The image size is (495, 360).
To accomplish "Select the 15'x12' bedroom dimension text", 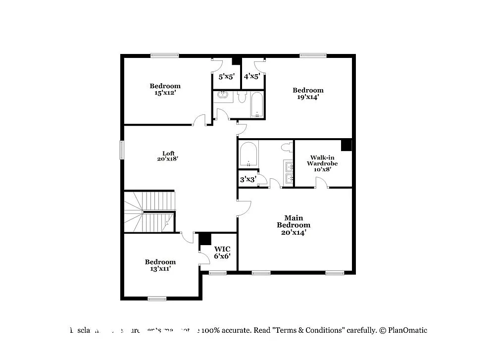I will (x=165, y=93).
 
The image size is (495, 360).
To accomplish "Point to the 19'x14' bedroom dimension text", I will (x=308, y=97).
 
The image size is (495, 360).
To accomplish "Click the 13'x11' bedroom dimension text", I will (x=160, y=269).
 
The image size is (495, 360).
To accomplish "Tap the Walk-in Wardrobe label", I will (x=322, y=163).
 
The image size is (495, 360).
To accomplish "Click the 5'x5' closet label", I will (x=221, y=76).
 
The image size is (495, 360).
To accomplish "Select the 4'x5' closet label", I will (x=251, y=76).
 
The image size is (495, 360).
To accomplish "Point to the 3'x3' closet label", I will (x=247, y=179).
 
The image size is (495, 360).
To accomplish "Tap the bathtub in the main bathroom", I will (x=248, y=154).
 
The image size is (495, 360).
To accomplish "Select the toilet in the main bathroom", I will (x=286, y=147).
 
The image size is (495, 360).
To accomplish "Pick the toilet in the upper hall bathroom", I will (x=241, y=97).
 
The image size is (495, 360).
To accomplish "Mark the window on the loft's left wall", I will (x=122, y=150).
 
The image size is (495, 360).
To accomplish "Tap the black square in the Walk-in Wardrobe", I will (x=346, y=145).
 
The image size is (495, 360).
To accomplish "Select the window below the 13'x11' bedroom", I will (x=157, y=298).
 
